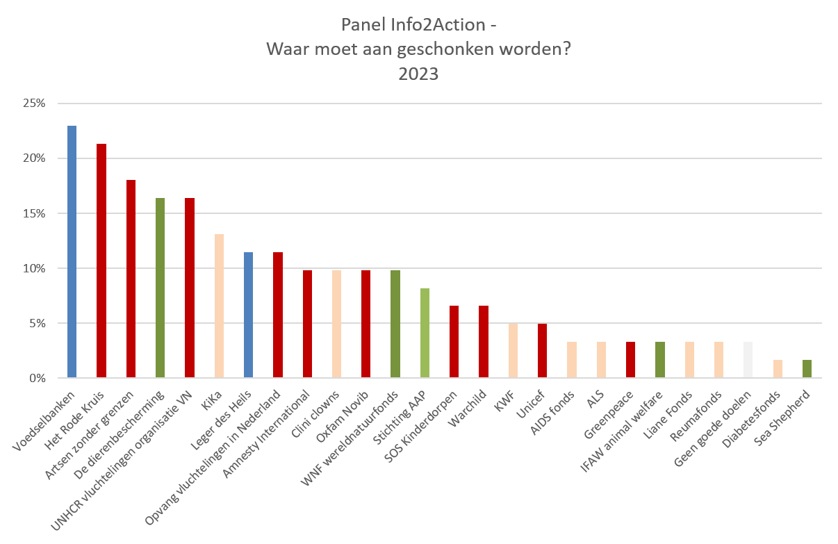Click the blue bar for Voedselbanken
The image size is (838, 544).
(x=72, y=252)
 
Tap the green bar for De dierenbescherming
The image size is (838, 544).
(x=160, y=288)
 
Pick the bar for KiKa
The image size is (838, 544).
(x=219, y=306)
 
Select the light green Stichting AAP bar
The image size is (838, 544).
(x=425, y=333)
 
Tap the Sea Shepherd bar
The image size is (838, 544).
(x=807, y=369)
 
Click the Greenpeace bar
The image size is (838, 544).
(x=630, y=360)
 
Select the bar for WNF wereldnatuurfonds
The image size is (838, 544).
(x=395, y=324)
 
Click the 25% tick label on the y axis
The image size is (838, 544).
(x=33, y=104)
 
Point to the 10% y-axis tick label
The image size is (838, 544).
(x=33, y=268)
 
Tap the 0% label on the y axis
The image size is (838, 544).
(x=36, y=378)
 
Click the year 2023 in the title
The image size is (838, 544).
(x=418, y=74)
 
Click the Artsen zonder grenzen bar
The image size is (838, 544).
(x=131, y=279)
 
